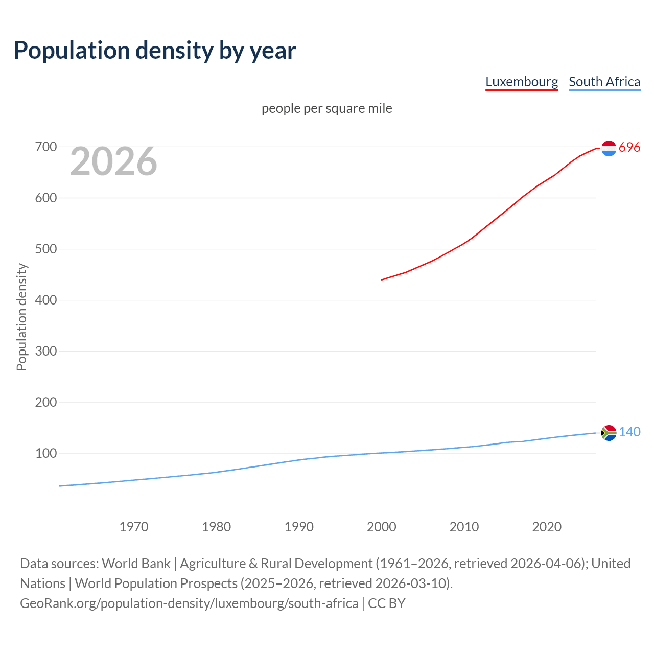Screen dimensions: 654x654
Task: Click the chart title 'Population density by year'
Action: click(x=155, y=51)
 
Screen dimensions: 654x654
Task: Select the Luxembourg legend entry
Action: click(x=521, y=82)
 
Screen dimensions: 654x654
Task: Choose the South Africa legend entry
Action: click(x=604, y=82)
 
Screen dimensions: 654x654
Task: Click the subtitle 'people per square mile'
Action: click(x=326, y=108)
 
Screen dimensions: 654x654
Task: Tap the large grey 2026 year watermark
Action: click(x=113, y=161)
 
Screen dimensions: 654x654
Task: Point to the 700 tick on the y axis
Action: click(x=45, y=147)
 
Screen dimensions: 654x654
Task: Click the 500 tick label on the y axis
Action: click(x=45, y=249)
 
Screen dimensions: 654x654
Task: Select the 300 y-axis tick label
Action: click(x=45, y=352)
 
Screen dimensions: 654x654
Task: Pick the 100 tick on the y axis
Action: click(x=45, y=454)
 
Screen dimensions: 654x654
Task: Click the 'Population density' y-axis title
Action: click(x=21, y=317)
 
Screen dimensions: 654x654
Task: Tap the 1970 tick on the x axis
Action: click(x=134, y=527)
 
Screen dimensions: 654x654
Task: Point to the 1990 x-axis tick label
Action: click(x=299, y=527)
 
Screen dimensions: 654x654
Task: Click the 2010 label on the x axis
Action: click(x=464, y=527)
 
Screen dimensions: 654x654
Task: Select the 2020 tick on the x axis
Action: click(x=547, y=527)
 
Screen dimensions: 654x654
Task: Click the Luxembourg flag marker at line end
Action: click(x=609, y=148)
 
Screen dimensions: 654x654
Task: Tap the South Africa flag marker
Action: click(x=609, y=433)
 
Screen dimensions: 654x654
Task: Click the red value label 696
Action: click(x=629, y=148)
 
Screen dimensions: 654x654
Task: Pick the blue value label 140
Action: click(x=629, y=432)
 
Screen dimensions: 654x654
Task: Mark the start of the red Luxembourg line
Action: click(x=382, y=279)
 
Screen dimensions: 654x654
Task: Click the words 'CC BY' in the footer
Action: click(x=386, y=603)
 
